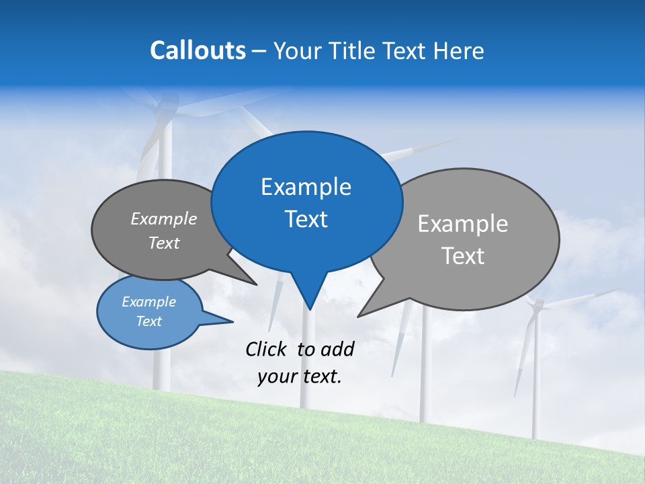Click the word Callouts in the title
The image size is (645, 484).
[198, 50]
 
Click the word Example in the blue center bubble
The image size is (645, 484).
[306, 187]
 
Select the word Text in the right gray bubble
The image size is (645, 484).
[463, 256]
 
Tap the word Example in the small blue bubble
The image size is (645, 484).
[148, 302]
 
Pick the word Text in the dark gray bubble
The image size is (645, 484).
[164, 243]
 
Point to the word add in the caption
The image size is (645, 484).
[337, 349]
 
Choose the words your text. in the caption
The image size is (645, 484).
[300, 377]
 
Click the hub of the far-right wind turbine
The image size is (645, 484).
[536, 306]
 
